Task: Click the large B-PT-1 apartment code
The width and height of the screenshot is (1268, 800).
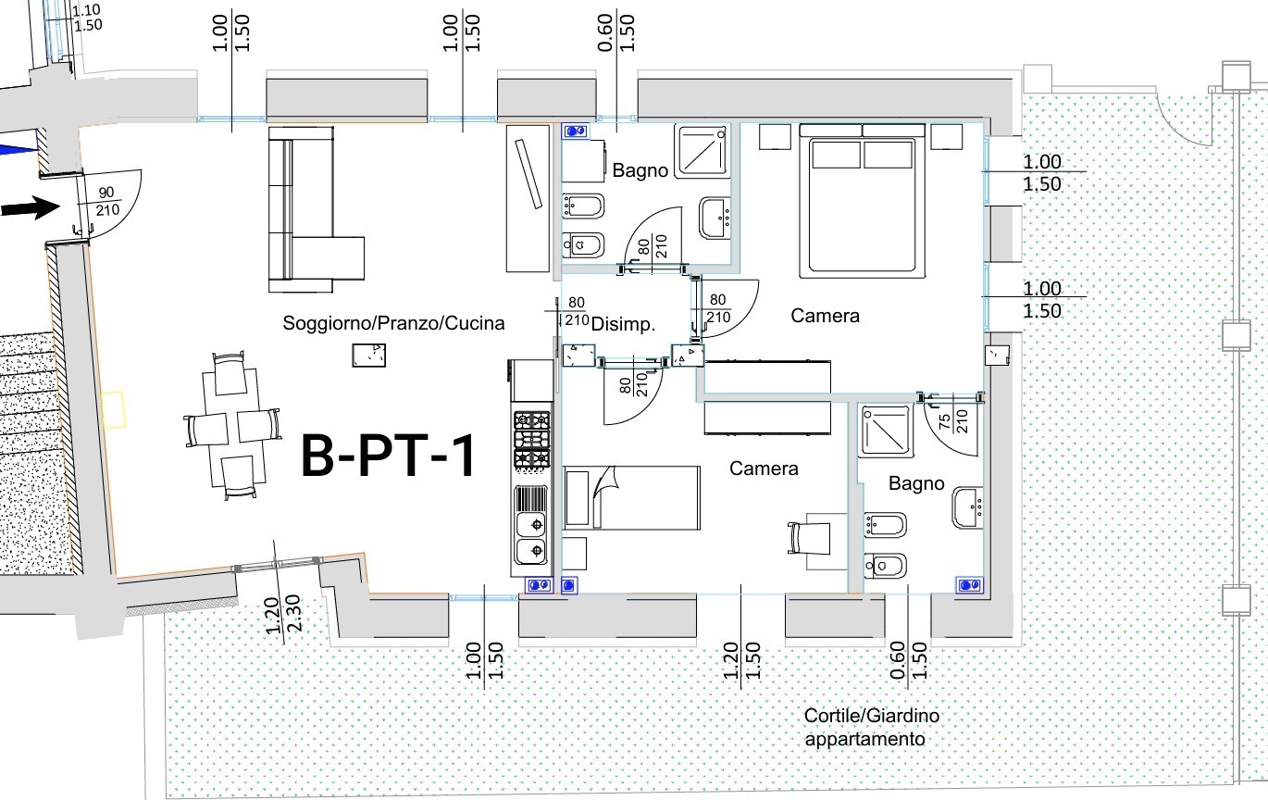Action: (388, 456)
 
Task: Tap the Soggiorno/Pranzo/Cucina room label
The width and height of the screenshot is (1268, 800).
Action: (393, 323)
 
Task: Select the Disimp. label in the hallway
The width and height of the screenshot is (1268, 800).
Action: (623, 324)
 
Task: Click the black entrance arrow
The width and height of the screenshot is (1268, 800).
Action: (31, 207)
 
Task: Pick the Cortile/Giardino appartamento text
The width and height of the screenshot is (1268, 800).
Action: (871, 727)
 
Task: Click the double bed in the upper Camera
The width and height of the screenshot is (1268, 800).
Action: (862, 201)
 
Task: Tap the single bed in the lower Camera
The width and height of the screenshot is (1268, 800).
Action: (632, 497)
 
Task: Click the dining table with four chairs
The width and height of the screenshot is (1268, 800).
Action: (232, 425)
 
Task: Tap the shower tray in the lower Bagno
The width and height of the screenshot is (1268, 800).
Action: (885, 431)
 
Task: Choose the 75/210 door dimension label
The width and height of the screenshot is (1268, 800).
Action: (953, 421)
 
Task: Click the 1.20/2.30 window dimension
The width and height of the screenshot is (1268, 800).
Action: (283, 614)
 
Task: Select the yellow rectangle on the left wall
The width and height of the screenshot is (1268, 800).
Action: (113, 408)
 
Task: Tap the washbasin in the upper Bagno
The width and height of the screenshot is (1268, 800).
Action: (715, 218)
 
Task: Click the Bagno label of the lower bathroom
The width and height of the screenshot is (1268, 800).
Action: (916, 483)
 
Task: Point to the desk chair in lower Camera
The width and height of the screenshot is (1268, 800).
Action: (810, 539)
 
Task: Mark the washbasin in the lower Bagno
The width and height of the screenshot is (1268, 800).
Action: (967, 507)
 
